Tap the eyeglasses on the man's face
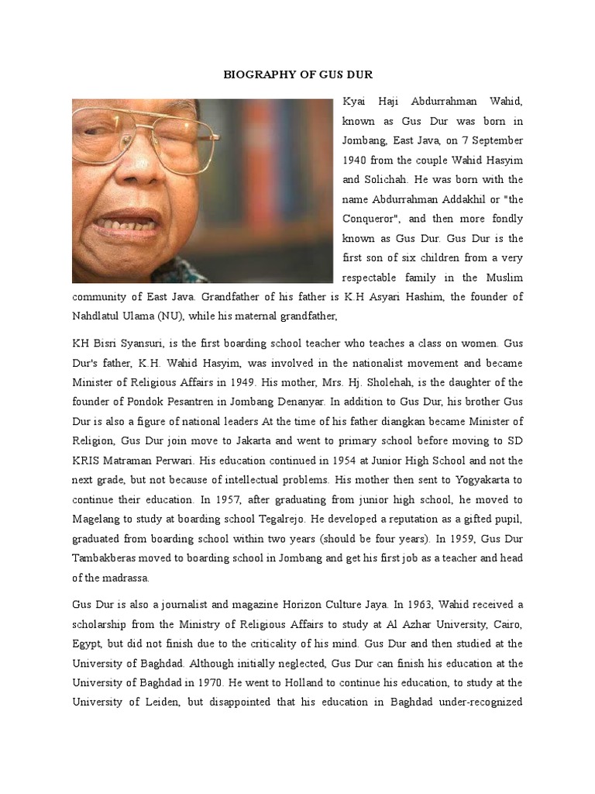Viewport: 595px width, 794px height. (143, 136)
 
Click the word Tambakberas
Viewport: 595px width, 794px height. (110, 559)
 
